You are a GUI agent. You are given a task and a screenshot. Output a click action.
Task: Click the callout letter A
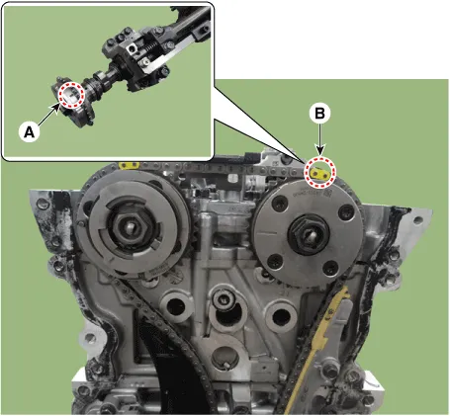(30, 132)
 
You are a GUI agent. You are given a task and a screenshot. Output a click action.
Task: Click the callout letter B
(319, 114)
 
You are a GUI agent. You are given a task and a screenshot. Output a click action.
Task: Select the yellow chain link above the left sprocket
(130, 165)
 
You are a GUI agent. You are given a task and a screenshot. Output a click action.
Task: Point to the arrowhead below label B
(319, 150)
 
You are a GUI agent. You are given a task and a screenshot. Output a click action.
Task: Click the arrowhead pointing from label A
(54, 108)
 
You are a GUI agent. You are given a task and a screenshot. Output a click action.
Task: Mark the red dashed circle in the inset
(71, 95)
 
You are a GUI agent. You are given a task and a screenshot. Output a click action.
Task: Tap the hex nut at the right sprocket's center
(309, 233)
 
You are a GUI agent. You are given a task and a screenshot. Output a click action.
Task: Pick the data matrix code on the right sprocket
(327, 193)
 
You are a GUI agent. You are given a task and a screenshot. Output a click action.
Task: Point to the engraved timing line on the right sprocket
(267, 233)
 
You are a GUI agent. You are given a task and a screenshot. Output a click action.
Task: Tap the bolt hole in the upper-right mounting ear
(418, 220)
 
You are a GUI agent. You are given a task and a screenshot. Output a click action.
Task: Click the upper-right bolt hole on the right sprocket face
(347, 210)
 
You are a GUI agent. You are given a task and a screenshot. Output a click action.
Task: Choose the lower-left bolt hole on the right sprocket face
(274, 261)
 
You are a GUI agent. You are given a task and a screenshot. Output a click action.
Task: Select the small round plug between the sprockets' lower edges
(224, 298)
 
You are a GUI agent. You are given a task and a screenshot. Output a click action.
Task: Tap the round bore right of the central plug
(281, 315)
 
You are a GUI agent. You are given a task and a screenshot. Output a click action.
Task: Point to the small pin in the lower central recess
(225, 365)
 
